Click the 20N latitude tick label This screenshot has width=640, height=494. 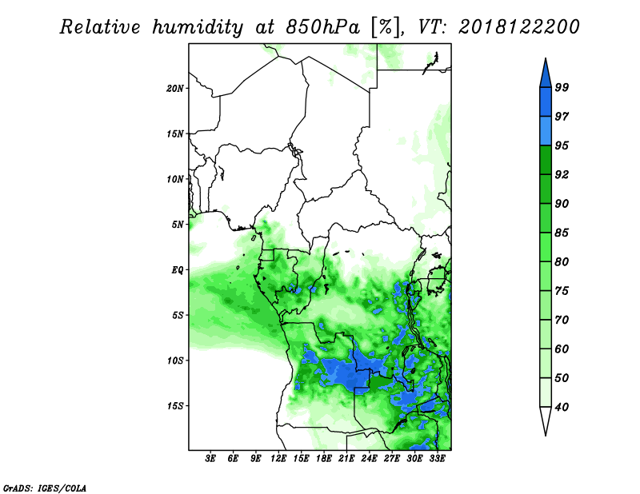click(175, 88)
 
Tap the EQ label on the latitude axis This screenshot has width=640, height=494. click(178, 270)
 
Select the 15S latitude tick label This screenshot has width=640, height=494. click(175, 406)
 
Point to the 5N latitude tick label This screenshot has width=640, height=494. click(178, 225)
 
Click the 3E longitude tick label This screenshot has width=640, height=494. click(210, 458)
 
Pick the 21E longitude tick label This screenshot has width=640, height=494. click(346, 458)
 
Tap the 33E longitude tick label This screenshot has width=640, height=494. click(437, 458)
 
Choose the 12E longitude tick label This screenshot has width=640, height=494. click(278, 458)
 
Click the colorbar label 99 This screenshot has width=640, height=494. click(562, 87)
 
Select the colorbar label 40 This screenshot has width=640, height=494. click(562, 407)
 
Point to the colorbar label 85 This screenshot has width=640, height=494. click(562, 233)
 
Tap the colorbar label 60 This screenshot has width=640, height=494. click(562, 349)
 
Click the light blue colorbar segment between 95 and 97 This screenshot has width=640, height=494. click(546, 131)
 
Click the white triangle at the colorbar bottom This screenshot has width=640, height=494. click(546, 420)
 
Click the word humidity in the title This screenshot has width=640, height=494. click(198, 27)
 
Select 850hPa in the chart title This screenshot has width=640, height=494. click(323, 27)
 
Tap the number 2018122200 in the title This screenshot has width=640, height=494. click(518, 27)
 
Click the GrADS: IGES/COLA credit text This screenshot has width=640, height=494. click(45, 488)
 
